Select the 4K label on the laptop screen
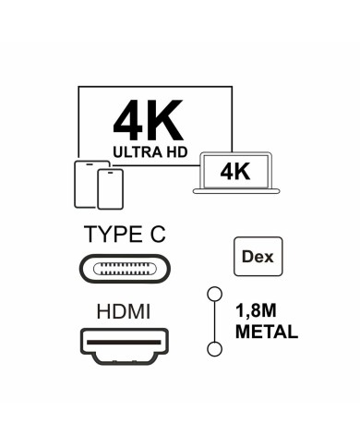[234, 171]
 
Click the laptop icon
[235, 174]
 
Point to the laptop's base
[235, 191]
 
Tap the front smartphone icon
[110, 190]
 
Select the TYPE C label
[124, 235]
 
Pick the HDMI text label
[123, 313]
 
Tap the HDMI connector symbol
[124, 348]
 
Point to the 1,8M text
[260, 313]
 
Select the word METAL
[267, 332]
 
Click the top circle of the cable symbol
[216, 295]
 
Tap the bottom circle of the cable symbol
[216, 348]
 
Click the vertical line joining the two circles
[216, 321]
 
